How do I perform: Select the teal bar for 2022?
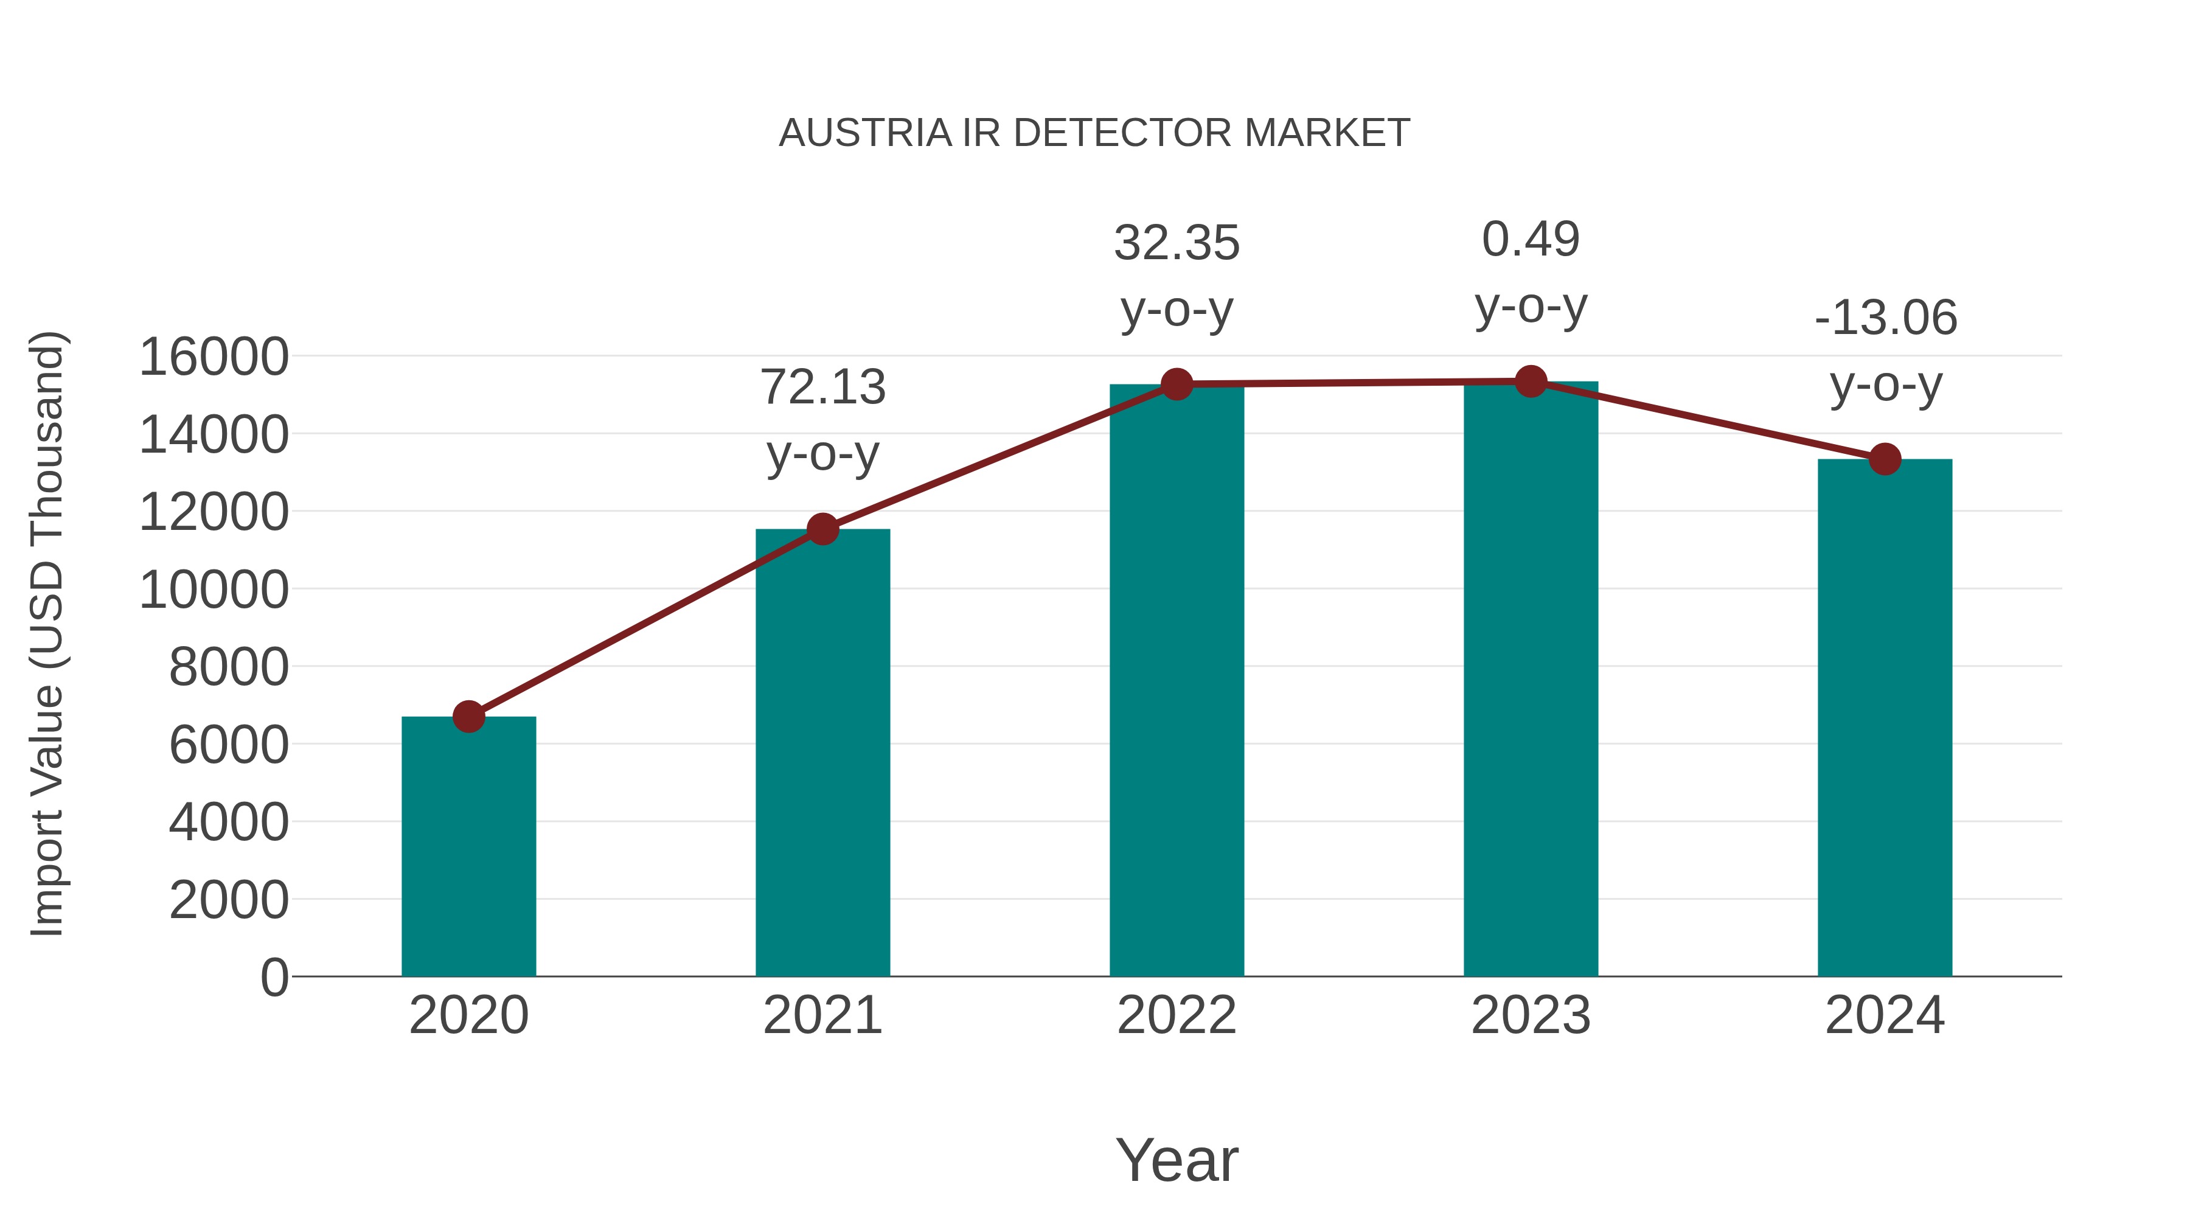click(x=1177, y=680)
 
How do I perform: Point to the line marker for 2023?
click(x=1531, y=381)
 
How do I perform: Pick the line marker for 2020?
click(x=468, y=717)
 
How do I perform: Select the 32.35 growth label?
click(x=1177, y=243)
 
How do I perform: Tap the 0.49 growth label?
click(x=1531, y=239)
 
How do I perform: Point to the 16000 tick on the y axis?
click(x=214, y=357)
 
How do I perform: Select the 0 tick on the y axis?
click(x=274, y=977)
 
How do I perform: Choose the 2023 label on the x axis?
click(x=1531, y=1015)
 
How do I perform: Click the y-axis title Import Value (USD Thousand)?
click(x=47, y=633)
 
